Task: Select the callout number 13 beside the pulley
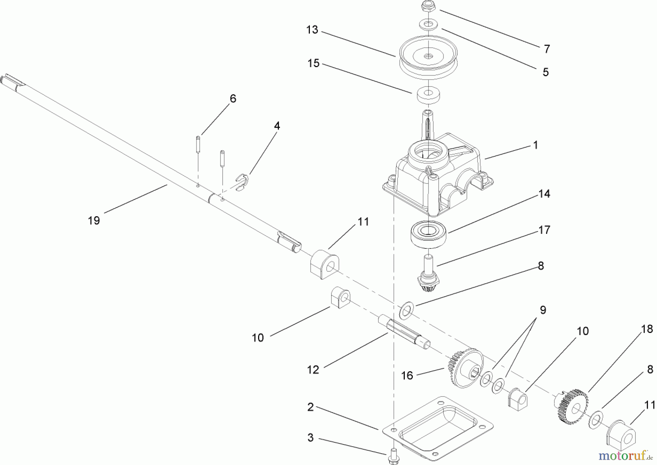point(312,30)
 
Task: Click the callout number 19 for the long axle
point(94,220)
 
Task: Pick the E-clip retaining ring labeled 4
point(241,182)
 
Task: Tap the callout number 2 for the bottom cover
point(310,407)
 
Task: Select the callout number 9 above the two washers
point(543,310)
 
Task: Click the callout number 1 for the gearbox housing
point(535,145)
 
